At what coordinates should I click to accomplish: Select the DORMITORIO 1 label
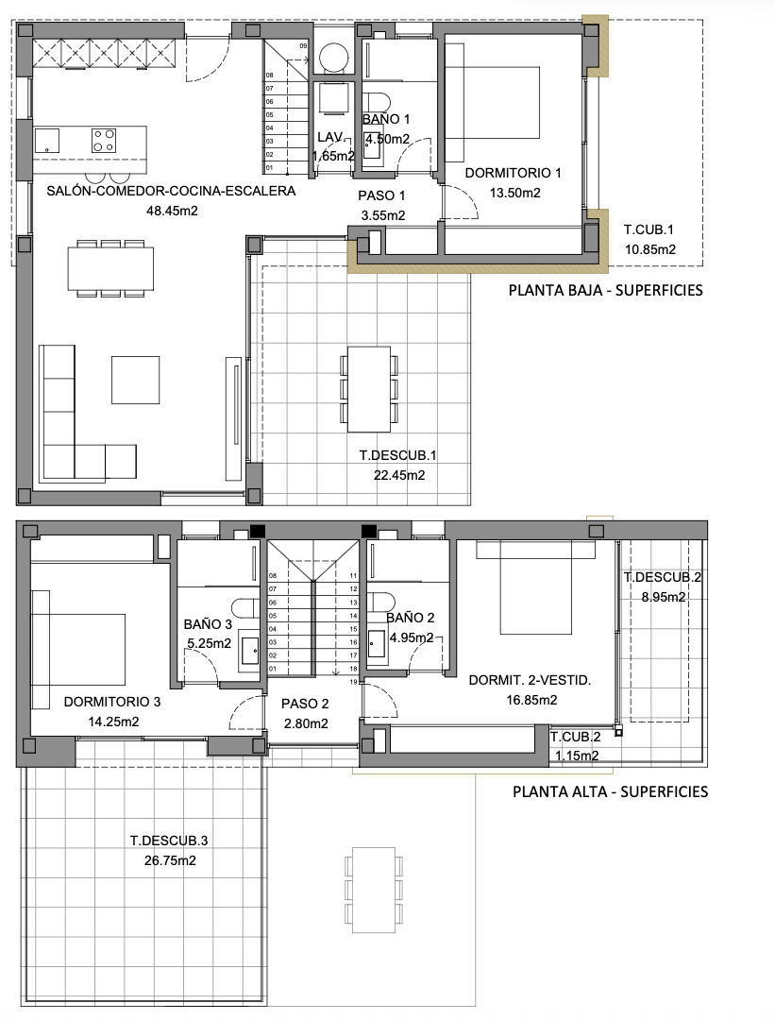coord(514,173)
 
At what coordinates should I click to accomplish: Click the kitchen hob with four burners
coord(104,141)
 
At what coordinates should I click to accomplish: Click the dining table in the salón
coord(110,268)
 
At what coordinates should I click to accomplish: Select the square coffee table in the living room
coord(135,379)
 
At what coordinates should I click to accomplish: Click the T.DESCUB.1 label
coord(397,455)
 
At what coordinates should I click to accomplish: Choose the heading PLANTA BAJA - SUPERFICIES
coord(605,290)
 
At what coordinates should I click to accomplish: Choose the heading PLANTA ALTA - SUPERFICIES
coord(609,791)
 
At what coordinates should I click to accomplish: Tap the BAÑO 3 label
coord(208,623)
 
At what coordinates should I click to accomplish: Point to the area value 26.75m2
coord(169,860)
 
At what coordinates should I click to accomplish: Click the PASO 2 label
coord(305,704)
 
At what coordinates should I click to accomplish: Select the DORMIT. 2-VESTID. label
coord(530,680)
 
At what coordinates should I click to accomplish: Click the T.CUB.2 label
coord(576,738)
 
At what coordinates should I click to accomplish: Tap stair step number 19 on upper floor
coord(352,681)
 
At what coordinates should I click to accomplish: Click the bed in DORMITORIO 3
coord(80,649)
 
